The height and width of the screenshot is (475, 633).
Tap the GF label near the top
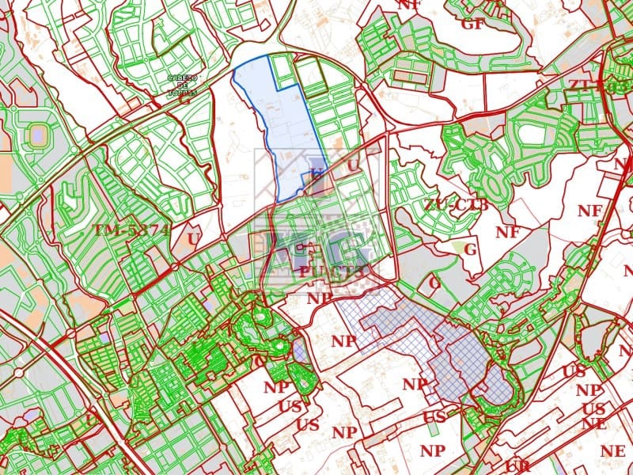pyautogui.click(x=472, y=24)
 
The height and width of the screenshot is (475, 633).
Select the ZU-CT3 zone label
pyautogui.click(x=456, y=205)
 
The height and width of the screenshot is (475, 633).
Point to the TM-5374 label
pyautogui.click(x=131, y=230)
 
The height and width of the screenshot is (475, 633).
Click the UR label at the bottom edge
pyautogui.click(x=518, y=466)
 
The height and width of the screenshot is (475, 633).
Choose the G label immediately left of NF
pyautogui.click(x=471, y=249)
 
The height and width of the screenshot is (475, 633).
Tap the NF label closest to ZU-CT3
pyautogui.click(x=507, y=232)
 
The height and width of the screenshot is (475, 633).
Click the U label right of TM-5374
pyautogui.click(x=193, y=237)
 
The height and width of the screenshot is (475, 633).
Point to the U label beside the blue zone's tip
pyautogui.click(x=353, y=165)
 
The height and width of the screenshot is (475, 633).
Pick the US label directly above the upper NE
pyautogui.click(x=598, y=408)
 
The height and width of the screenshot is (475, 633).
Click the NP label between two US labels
pyautogui.click(x=587, y=390)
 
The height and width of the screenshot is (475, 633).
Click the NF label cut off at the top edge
pyautogui.click(x=408, y=4)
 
